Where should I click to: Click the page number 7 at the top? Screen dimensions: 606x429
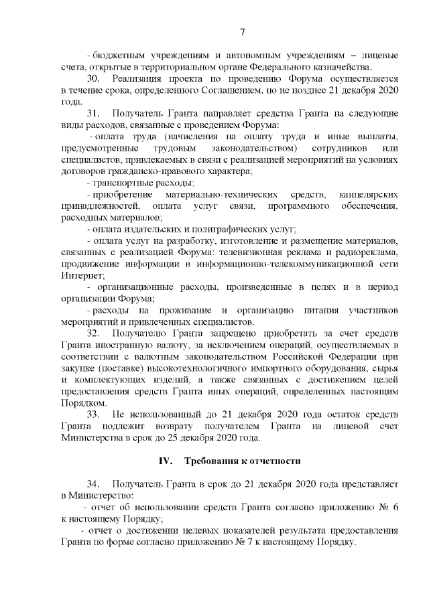point(243,31)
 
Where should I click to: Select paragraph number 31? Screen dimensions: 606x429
point(94,113)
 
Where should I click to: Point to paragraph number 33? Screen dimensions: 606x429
point(94,415)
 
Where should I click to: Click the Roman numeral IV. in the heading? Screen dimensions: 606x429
point(165,461)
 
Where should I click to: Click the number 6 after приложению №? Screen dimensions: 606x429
point(396,507)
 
